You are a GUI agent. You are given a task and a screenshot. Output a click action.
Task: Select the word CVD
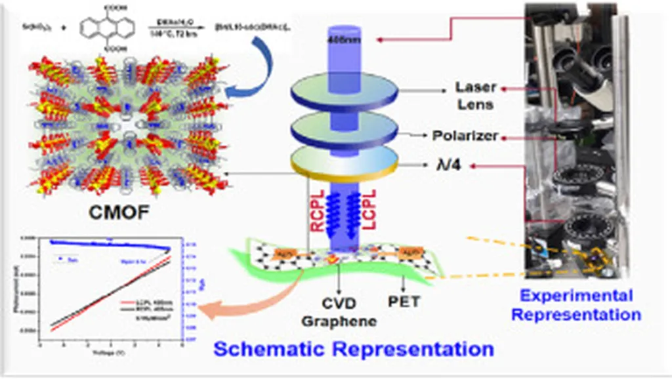(x=339, y=303)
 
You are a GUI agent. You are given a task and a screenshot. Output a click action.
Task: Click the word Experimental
(x=576, y=296)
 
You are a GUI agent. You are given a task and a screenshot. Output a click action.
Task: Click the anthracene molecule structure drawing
(x=107, y=30)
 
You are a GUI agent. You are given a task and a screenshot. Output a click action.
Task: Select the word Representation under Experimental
(x=576, y=314)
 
